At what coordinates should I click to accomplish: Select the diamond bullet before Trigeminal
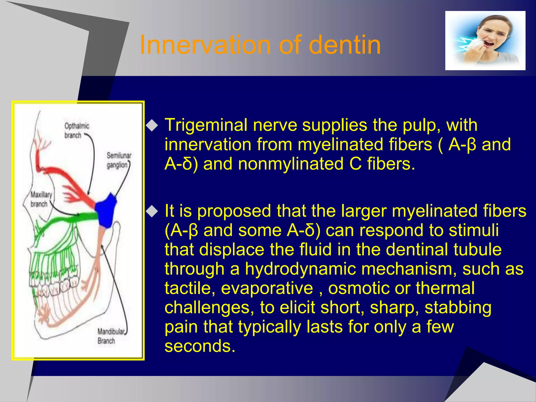[152, 126]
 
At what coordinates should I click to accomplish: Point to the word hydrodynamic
[300, 269]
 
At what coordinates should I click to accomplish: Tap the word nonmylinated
[291, 164]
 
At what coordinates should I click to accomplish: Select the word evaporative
[267, 288]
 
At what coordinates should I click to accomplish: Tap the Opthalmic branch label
[76, 130]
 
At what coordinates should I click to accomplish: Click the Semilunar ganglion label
[119, 160]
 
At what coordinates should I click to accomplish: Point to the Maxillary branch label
[41, 199]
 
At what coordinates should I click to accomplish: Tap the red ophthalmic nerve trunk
[71, 181]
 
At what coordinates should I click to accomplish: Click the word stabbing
[458, 308]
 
